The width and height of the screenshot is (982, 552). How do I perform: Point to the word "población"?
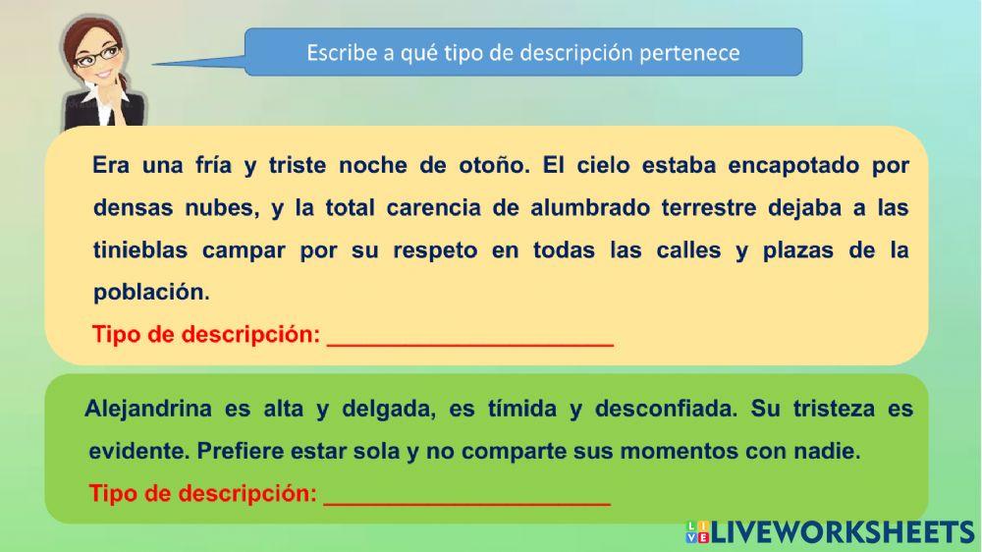click(x=151, y=292)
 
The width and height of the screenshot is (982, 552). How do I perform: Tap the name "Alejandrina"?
click(x=148, y=409)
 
